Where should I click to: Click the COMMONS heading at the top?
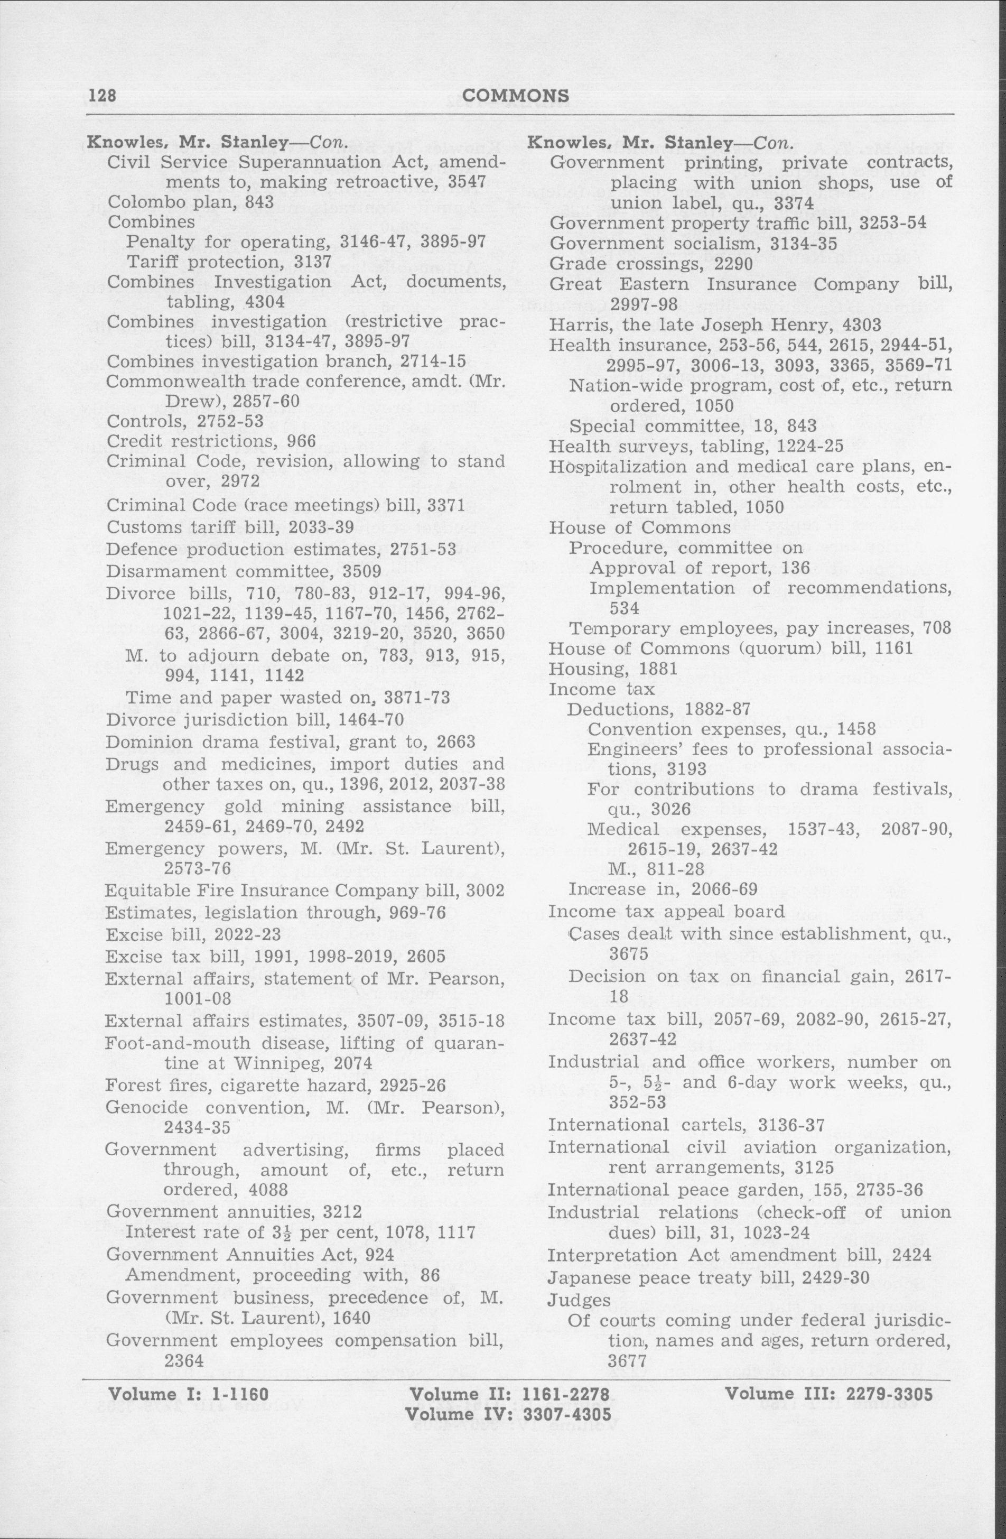click(x=517, y=96)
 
